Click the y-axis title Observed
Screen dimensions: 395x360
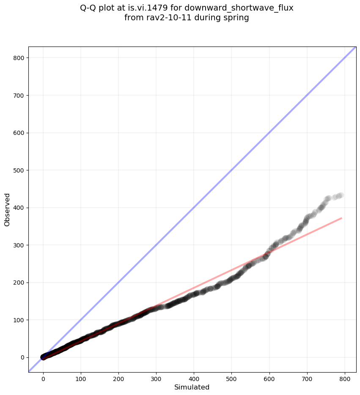[x=7, y=209]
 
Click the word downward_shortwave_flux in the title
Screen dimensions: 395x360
[x=239, y=8]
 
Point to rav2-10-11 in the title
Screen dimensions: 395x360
[x=165, y=18]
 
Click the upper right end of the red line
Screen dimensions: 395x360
[x=341, y=218]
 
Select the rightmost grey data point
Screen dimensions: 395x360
[x=341, y=195]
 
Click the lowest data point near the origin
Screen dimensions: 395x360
[x=43, y=357]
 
